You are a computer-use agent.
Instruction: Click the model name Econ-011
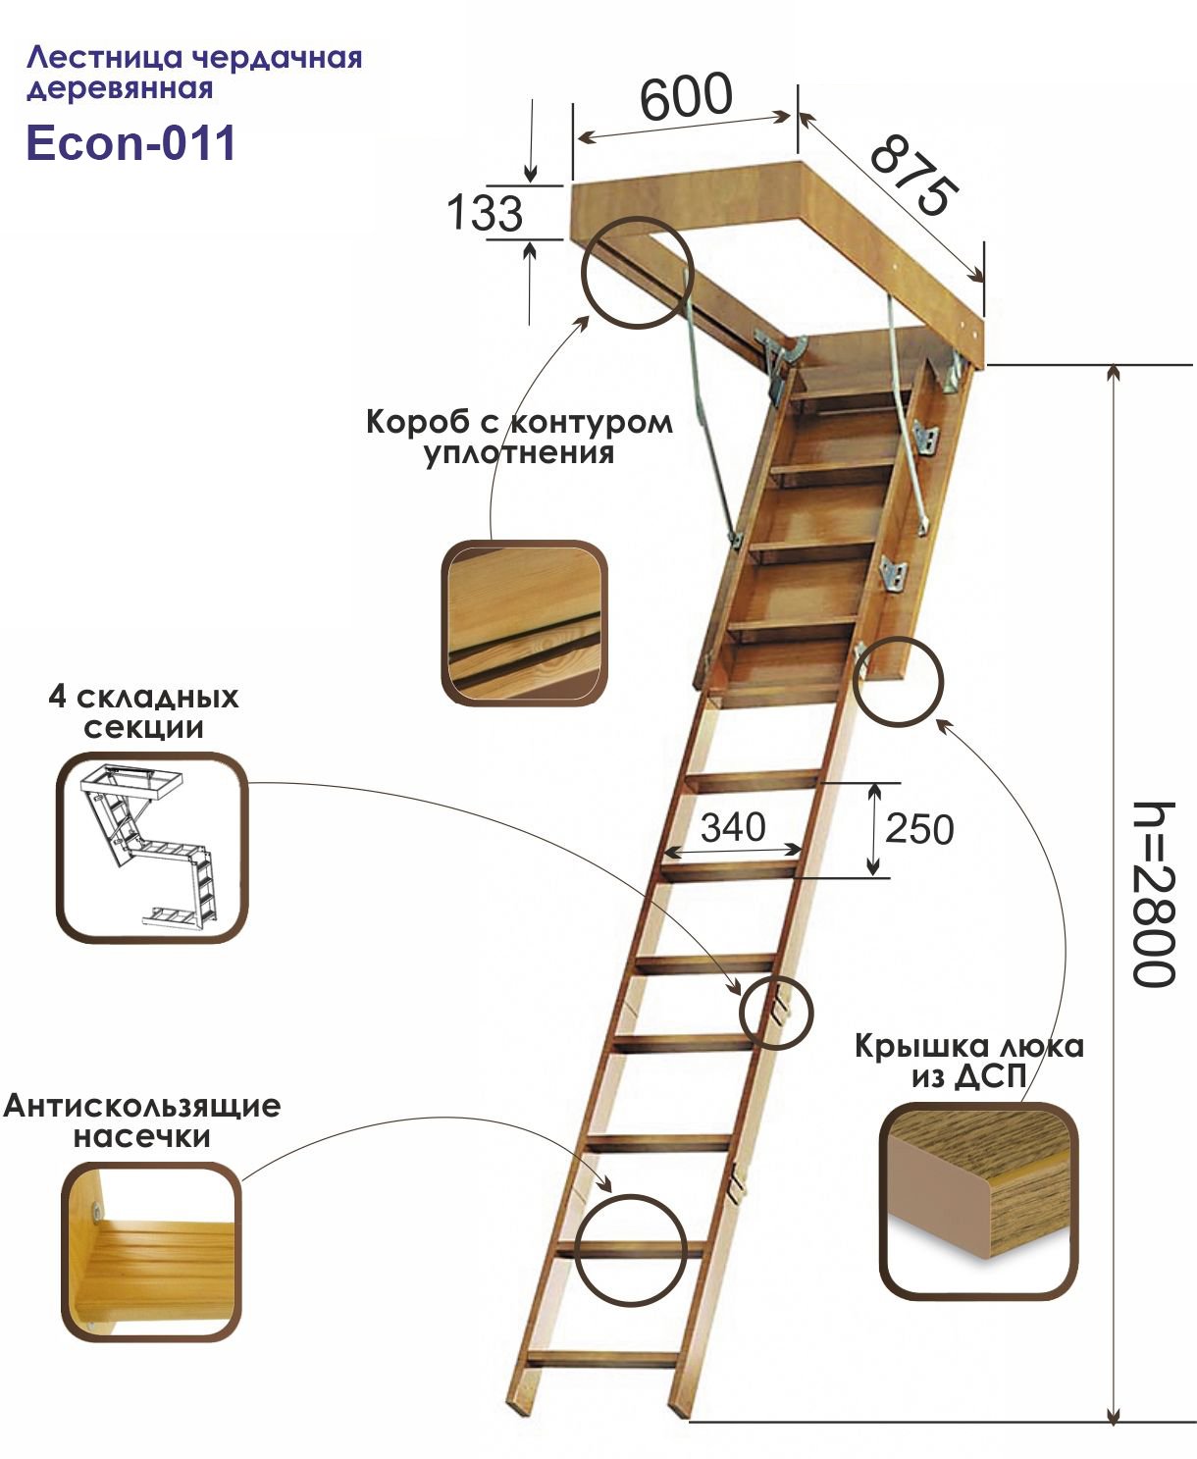(130, 143)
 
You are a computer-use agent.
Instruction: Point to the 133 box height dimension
(485, 213)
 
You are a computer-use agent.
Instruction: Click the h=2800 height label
(1152, 894)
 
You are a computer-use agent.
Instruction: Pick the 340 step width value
(733, 827)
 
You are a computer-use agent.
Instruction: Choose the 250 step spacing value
(918, 829)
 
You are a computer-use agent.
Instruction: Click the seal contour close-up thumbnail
(524, 623)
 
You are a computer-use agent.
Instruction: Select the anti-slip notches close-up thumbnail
(152, 1252)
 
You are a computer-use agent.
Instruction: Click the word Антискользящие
(142, 1106)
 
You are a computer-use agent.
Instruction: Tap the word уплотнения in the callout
(519, 453)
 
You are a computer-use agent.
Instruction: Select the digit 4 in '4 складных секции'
(57, 698)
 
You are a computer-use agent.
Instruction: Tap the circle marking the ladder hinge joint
(776, 1013)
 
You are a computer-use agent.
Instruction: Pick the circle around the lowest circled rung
(629, 1250)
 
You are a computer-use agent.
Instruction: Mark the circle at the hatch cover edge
(898, 682)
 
